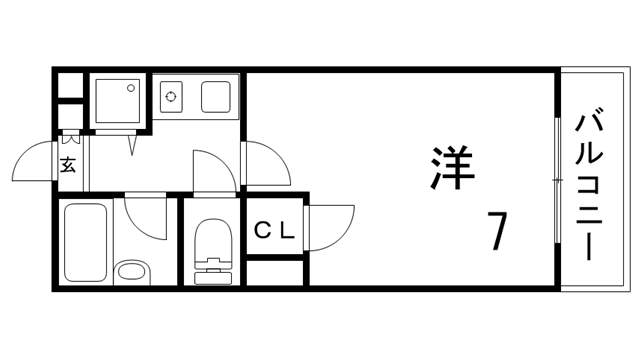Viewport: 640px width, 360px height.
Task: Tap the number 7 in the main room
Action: click(x=497, y=233)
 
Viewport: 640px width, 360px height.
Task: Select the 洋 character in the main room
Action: click(x=451, y=167)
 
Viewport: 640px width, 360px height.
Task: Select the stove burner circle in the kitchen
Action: click(x=171, y=98)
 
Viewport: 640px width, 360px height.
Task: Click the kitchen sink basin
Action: click(x=217, y=97)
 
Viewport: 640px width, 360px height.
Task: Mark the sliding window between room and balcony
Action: click(x=555, y=180)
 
